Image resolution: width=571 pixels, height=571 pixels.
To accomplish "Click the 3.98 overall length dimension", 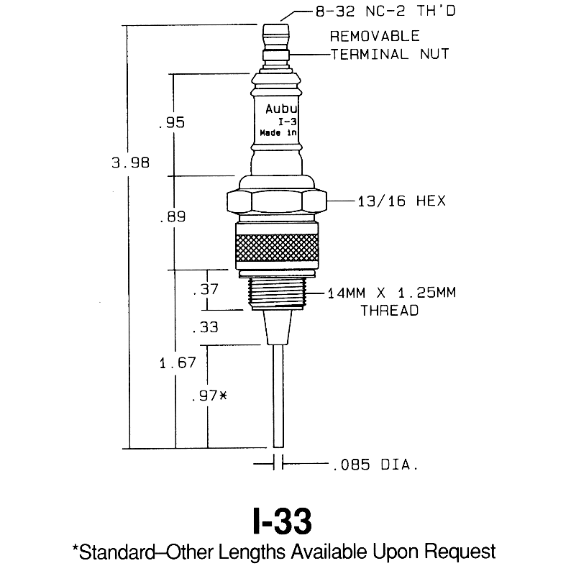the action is pyautogui.click(x=130, y=163).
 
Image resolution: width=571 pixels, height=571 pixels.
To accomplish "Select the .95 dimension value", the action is pyautogui.click(x=172, y=122).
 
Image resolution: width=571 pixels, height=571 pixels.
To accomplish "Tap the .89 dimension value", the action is pyautogui.click(x=173, y=216).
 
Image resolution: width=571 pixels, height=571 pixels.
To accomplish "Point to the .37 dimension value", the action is pyautogui.click(x=205, y=290).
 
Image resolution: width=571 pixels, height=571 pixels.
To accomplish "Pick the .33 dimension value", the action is pyautogui.click(x=205, y=327).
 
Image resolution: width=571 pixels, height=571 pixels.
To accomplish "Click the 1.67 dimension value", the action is pyautogui.click(x=178, y=362).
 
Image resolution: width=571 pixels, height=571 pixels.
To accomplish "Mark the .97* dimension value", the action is pyautogui.click(x=209, y=396).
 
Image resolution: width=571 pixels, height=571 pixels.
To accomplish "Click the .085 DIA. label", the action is pyautogui.click(x=376, y=465).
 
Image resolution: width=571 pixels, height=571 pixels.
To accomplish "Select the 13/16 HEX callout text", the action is pyautogui.click(x=402, y=201).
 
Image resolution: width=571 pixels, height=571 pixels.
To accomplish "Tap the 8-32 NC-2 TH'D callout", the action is pyautogui.click(x=385, y=12).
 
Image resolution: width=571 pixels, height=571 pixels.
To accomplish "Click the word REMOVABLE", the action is pyautogui.click(x=375, y=36).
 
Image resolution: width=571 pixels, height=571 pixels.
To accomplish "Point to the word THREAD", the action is pyautogui.click(x=390, y=311).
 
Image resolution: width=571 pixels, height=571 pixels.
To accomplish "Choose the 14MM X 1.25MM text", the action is pyautogui.click(x=392, y=293).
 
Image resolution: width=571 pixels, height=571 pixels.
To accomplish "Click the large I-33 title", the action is pyautogui.click(x=283, y=521).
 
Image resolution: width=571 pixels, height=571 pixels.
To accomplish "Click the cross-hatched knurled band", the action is pyautogui.click(x=277, y=247).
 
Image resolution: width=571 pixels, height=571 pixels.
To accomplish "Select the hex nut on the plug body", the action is pyautogui.click(x=277, y=201).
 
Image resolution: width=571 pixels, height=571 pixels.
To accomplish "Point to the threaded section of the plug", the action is pyautogui.click(x=277, y=294).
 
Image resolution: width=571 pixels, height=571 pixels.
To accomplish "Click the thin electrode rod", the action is pyautogui.click(x=278, y=396).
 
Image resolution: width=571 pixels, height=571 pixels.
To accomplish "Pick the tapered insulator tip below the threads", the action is pyautogui.click(x=278, y=327).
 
